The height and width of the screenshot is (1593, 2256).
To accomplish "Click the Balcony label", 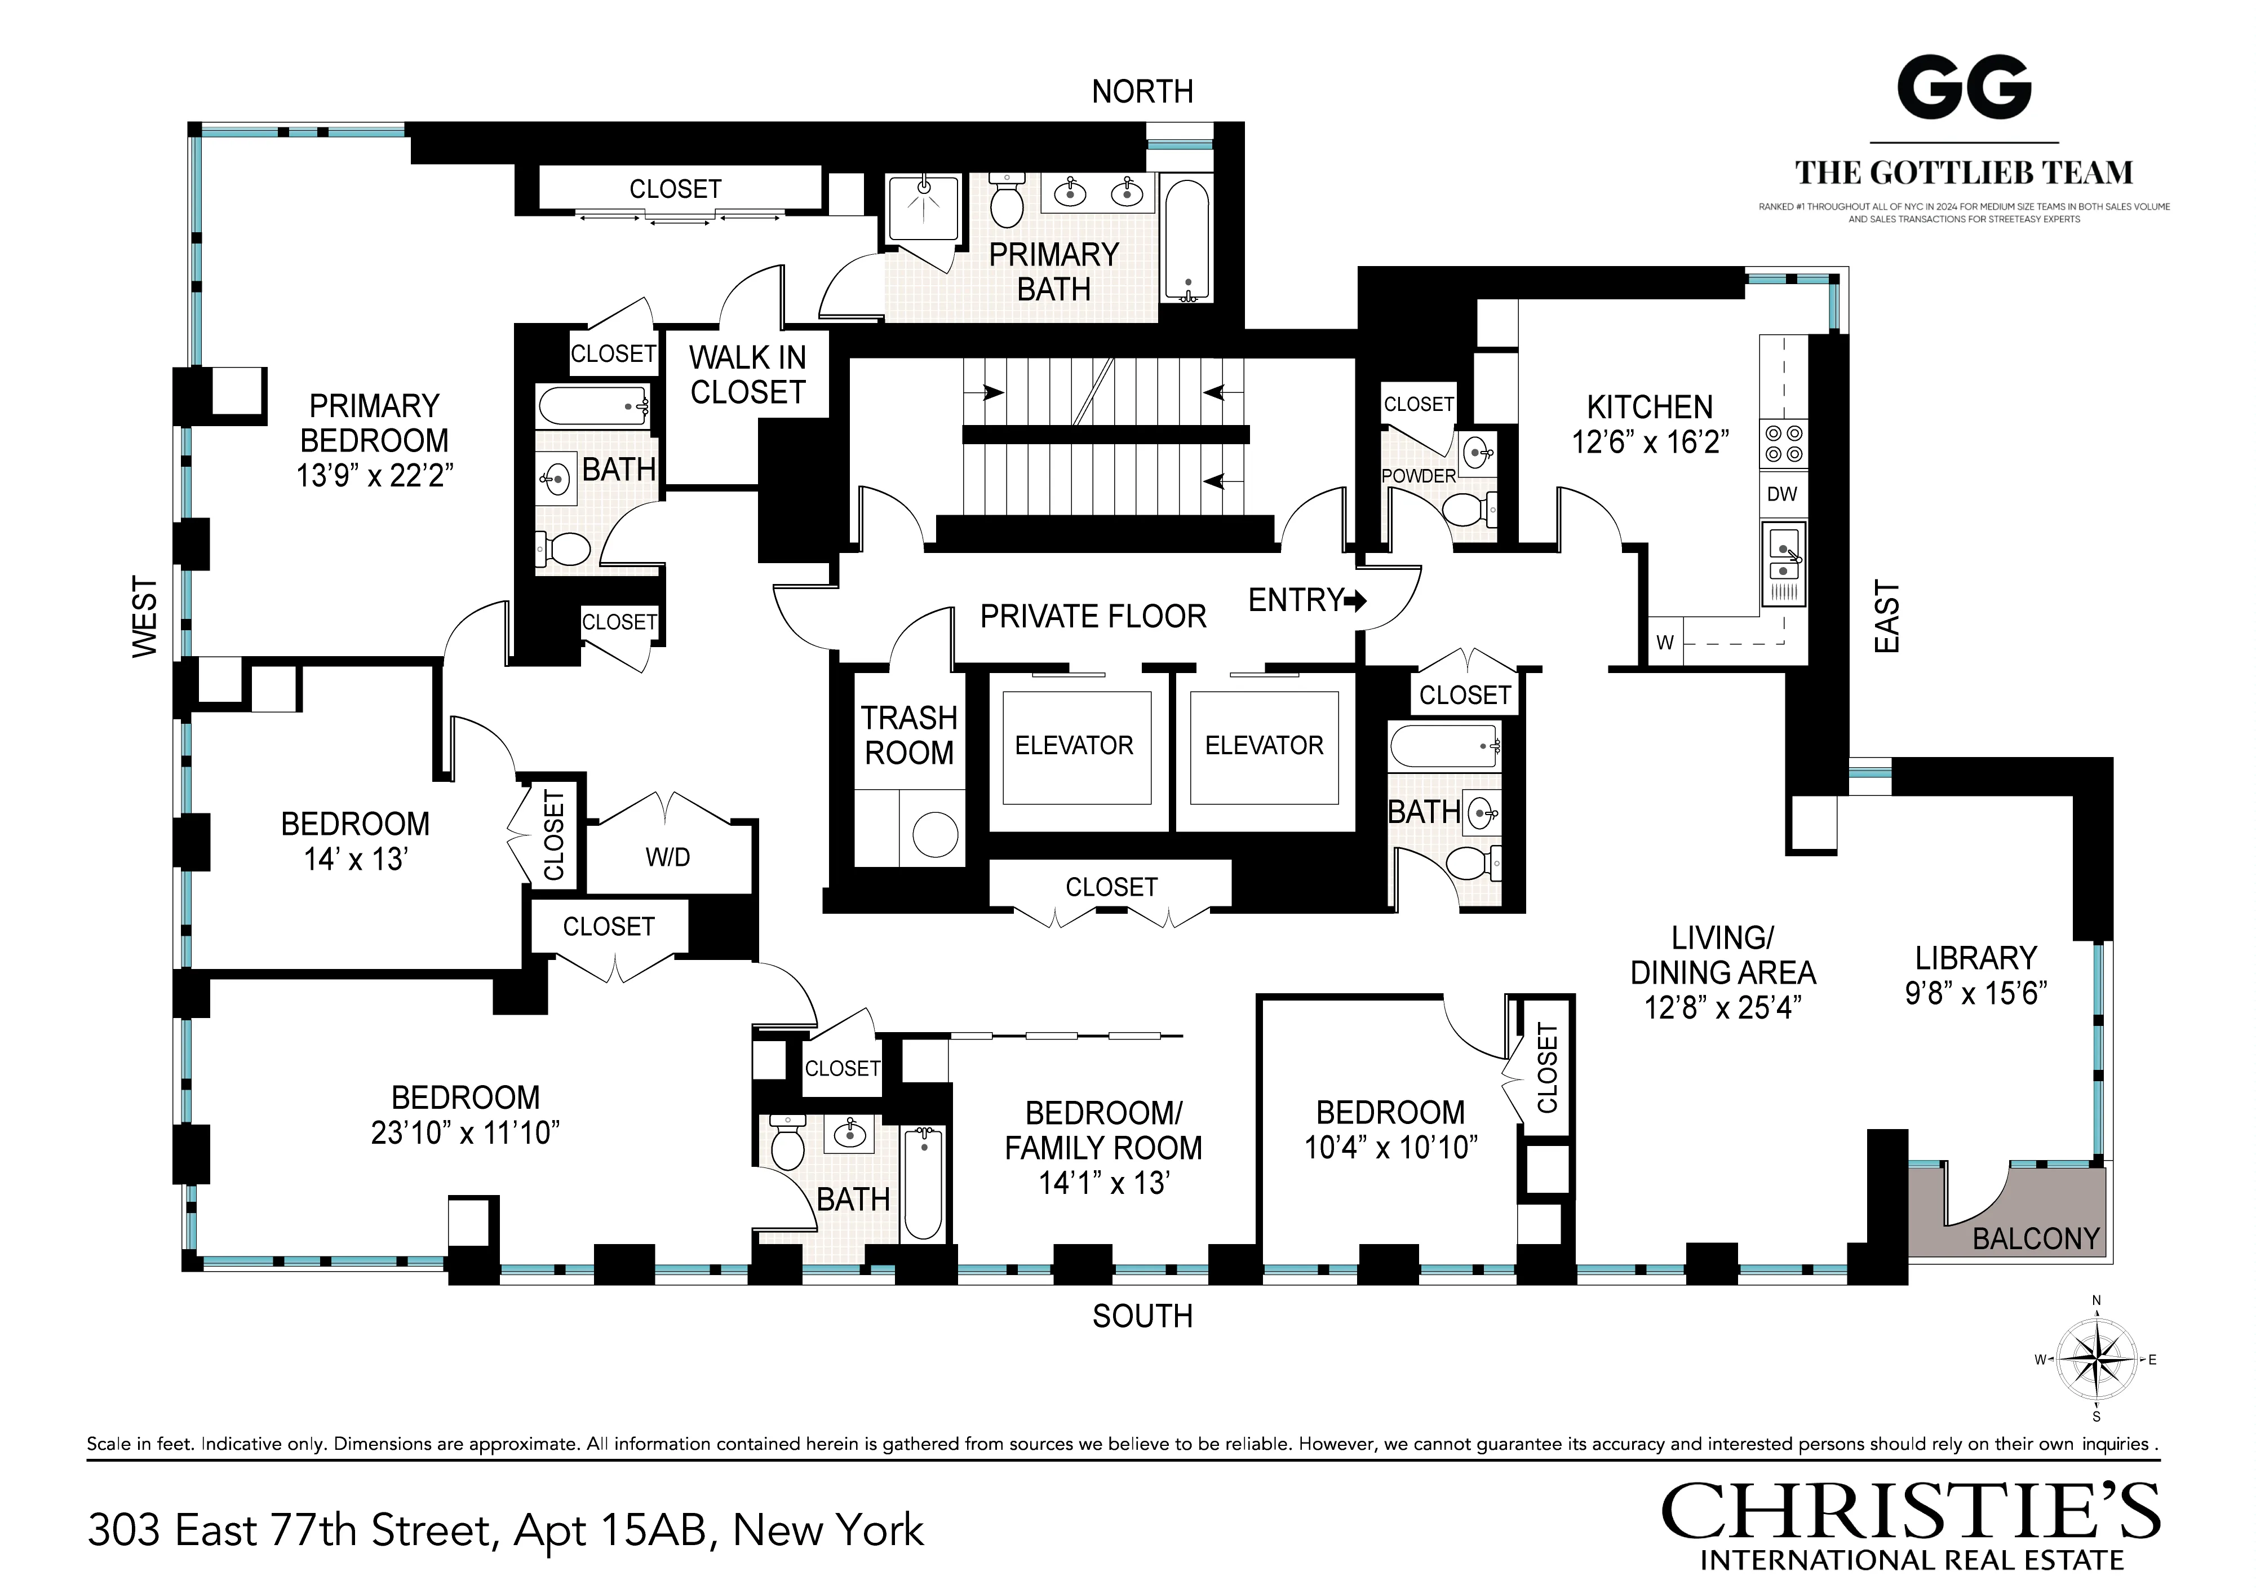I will [2035, 1238].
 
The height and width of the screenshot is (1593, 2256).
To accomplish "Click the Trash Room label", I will [909, 735].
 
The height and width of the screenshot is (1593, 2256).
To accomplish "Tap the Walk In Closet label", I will [748, 374].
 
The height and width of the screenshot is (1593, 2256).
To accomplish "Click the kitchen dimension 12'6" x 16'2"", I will [1650, 442].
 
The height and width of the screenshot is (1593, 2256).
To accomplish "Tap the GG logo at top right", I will [1963, 88].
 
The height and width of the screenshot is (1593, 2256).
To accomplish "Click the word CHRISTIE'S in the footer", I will [1910, 1512].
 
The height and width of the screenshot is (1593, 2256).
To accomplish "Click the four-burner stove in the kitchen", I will [1783, 443].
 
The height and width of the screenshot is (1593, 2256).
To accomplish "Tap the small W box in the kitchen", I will [1664, 643].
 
